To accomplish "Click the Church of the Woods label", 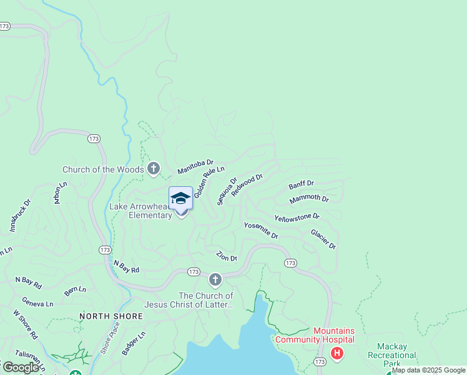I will pos(103,169).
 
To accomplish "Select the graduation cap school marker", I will pos(180,198).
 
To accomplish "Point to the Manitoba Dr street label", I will pos(195,167).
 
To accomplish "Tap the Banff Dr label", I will pos(301,185).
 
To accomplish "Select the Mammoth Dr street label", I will pos(308,199).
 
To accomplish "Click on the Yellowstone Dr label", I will pos(297,217).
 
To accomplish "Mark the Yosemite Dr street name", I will pos(261,230).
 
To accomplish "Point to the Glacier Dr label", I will pos(323,239).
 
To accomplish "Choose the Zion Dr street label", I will pos(227,256).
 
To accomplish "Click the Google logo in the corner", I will pos(21,367).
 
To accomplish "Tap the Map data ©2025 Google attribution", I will pos(428,370).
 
